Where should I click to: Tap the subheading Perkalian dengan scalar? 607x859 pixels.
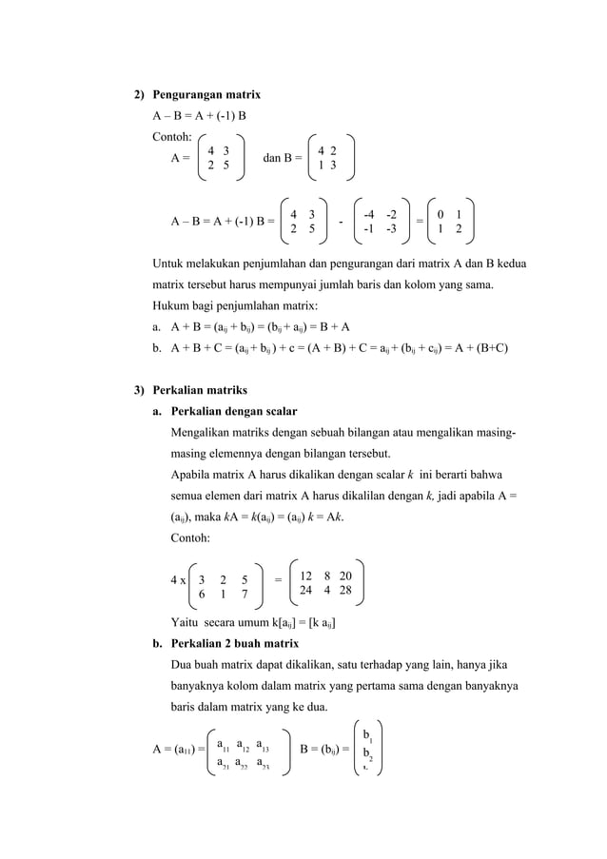tap(234, 411)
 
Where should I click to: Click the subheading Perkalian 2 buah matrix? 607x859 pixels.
tap(234, 643)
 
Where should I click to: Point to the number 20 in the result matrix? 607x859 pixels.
tap(345, 576)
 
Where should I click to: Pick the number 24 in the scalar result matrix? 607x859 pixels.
tap(305, 590)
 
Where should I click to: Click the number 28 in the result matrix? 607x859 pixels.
tap(345, 590)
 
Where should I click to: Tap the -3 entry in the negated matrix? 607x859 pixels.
tap(391, 229)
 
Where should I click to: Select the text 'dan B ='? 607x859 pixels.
tap(282, 158)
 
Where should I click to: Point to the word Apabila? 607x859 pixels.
tap(191, 474)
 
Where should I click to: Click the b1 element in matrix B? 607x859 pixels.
tap(367, 735)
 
